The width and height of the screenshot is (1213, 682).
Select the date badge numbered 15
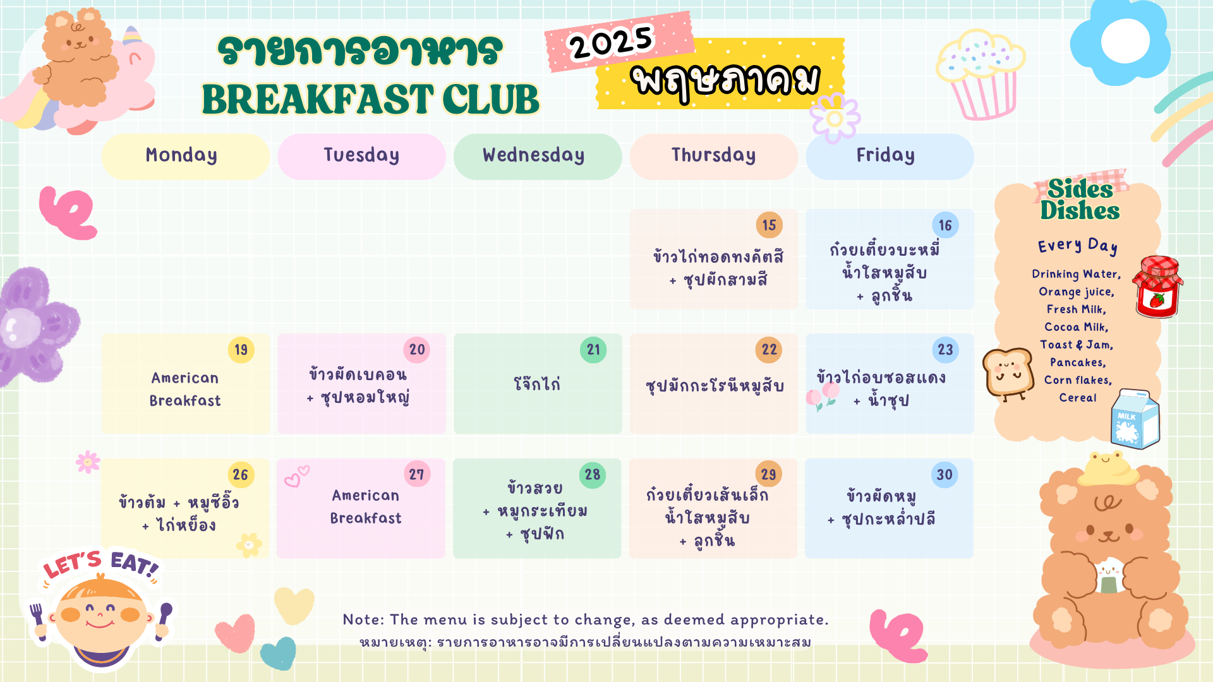coord(769,225)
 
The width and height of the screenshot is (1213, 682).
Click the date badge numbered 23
coord(945,350)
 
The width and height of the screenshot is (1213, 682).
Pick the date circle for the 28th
coord(593,475)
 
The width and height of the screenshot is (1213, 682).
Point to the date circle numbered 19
coord(241,350)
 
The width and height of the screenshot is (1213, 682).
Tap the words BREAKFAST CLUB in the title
coord(371,100)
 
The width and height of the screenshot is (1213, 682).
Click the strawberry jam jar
coord(1157,287)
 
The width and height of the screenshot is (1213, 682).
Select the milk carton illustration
coord(1135,419)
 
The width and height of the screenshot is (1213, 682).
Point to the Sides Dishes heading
coord(1080,200)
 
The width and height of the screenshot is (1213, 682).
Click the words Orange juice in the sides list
coord(1077,292)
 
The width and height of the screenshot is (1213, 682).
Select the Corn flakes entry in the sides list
coord(1078,380)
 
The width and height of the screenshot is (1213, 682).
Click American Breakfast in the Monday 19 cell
coord(185,389)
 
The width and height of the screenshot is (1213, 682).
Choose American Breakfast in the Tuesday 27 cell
coord(366,506)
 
